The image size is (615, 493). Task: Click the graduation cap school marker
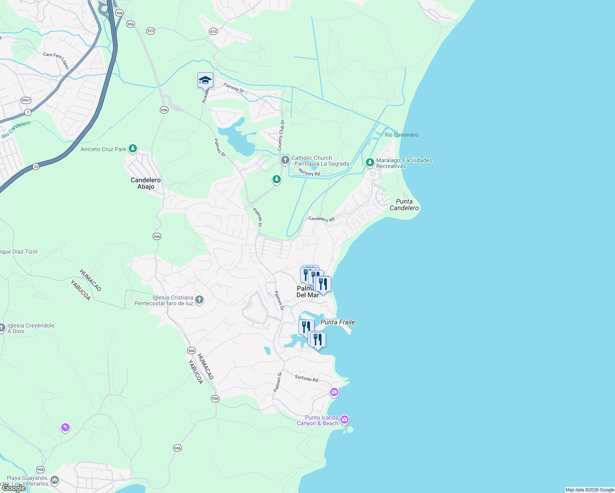click(x=205, y=80)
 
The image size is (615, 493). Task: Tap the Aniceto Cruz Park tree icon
click(x=132, y=149)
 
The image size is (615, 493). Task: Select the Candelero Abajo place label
click(x=146, y=183)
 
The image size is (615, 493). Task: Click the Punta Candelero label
click(x=404, y=205)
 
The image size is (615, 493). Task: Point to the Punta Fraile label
click(x=338, y=322)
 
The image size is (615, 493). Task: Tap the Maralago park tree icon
click(x=370, y=163)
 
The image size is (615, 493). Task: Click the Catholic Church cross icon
click(x=285, y=160)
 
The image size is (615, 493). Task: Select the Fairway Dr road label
click(x=234, y=88)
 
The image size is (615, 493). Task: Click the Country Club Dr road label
click(x=281, y=135)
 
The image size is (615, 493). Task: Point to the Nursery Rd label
click(x=309, y=173)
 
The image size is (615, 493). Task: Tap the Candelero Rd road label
click(x=321, y=219)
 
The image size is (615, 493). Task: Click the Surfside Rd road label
click(x=306, y=378)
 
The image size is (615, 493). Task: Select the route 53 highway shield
click(x=36, y=166)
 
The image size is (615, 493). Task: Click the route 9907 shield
click(x=26, y=100)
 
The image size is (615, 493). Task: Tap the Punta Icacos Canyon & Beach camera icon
click(x=344, y=419)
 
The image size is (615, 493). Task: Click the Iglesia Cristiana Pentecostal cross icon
click(x=199, y=300)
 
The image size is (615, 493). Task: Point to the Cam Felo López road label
click(x=56, y=60)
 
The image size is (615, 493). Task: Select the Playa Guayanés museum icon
click(x=55, y=480)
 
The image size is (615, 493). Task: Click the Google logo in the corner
click(x=14, y=488)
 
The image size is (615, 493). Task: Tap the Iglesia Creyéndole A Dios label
click(x=31, y=328)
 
